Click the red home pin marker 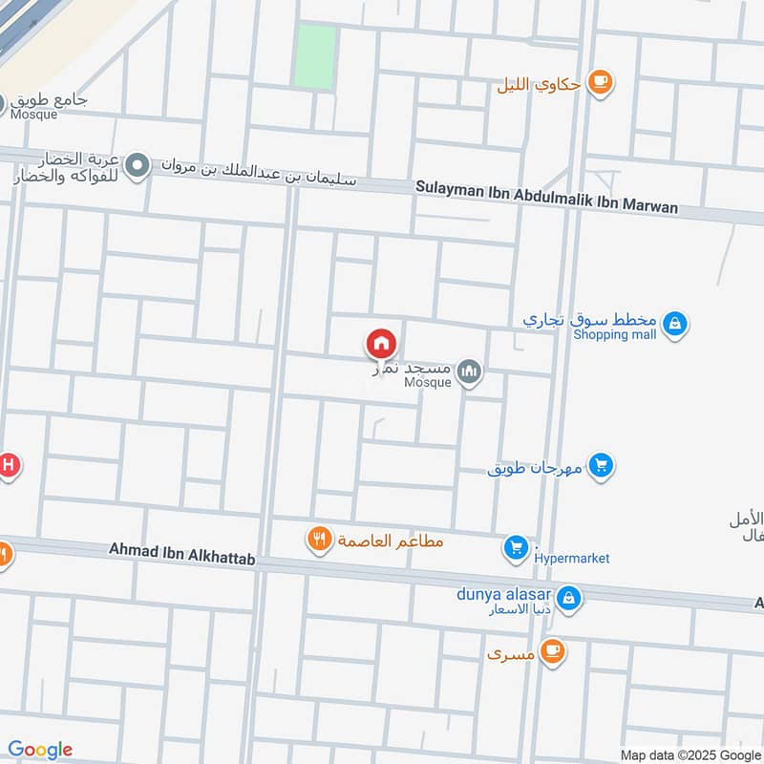(381, 344)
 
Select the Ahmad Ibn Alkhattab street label (181, 550)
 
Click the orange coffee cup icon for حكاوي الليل (600, 82)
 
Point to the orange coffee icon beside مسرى (551, 652)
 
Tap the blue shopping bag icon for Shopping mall (674, 324)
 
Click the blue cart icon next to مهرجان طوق (601, 466)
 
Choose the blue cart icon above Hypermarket (516, 547)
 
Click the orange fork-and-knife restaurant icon (319, 541)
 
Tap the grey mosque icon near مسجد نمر (468, 371)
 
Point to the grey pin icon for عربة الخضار (138, 167)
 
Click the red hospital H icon (8, 466)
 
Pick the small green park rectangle (315, 55)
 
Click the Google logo (40, 750)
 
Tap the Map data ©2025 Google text (689, 754)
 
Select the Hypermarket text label (573, 558)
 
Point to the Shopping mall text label (614, 334)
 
